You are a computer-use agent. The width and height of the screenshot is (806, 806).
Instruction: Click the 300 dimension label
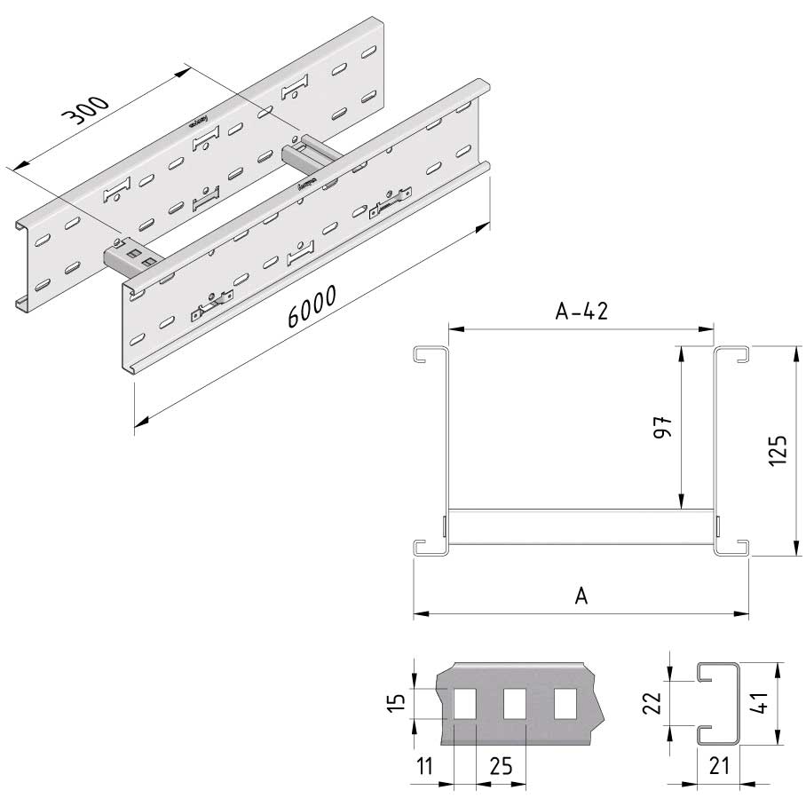pyautogui.click(x=85, y=111)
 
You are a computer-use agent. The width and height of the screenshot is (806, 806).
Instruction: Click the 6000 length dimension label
pyautogui.click(x=312, y=306)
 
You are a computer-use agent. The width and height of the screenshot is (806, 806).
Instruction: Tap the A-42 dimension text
pyautogui.click(x=581, y=311)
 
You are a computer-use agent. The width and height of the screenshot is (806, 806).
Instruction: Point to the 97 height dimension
pyautogui.click(x=663, y=427)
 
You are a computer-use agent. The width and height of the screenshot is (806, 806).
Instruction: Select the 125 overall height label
pyautogui.click(x=778, y=450)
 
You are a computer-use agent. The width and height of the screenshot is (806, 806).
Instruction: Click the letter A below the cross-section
pyautogui.click(x=581, y=597)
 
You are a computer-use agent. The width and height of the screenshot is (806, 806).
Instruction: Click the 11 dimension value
pyautogui.click(x=424, y=766)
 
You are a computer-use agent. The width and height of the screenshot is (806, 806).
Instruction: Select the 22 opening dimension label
pyautogui.click(x=652, y=703)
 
